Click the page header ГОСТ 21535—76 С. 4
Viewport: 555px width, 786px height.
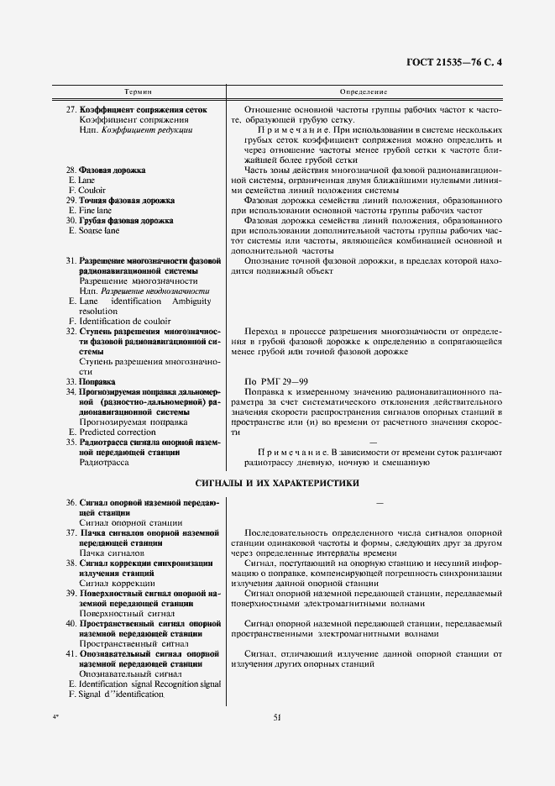[461, 62]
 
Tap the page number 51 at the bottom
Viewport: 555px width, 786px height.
[277, 717]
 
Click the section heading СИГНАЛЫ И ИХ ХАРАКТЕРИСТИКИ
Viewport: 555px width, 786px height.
[276, 483]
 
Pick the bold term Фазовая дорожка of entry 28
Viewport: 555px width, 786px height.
[113, 170]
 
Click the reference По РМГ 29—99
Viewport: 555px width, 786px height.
[273, 381]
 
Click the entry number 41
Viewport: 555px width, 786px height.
[71, 653]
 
